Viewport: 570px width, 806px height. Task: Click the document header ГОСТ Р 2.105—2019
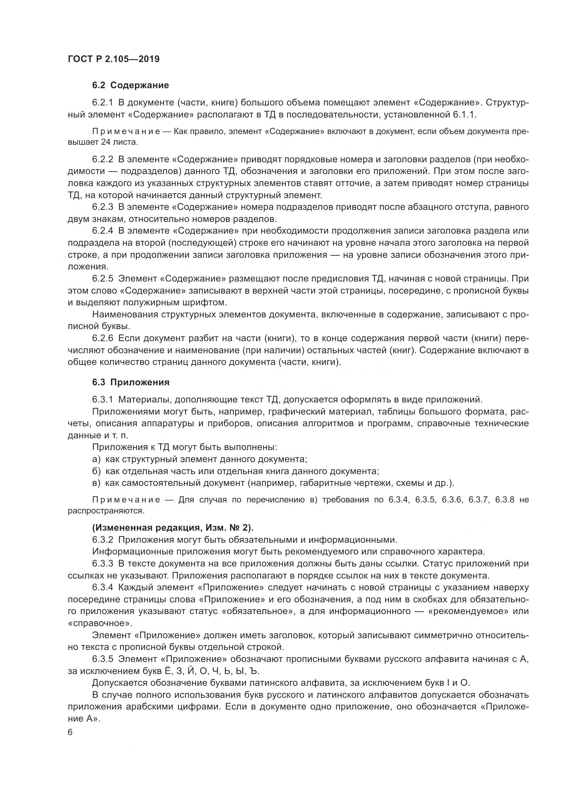click(113, 59)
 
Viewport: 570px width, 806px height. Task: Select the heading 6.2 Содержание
click(131, 85)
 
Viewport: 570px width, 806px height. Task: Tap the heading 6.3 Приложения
click(131, 382)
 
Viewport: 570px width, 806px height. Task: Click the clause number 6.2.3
click(102, 207)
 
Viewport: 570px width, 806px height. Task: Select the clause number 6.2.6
click(102, 338)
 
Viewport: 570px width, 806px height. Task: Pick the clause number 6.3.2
click(102, 540)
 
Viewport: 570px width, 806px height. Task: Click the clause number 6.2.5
click(102, 278)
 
